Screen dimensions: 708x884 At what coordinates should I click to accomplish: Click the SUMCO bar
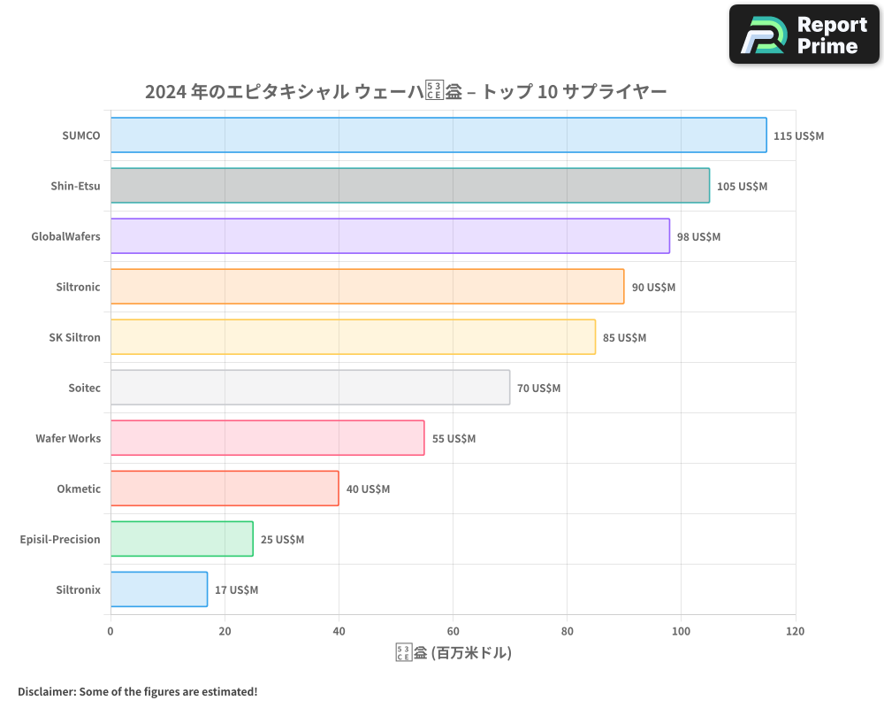point(438,135)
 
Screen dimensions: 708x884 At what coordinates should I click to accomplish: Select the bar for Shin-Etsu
point(409,186)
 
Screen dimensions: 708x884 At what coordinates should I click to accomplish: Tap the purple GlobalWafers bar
point(390,236)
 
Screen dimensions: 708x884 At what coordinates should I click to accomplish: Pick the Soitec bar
point(310,388)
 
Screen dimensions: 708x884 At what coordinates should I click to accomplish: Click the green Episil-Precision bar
point(182,539)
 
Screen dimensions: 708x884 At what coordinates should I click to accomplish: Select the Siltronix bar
point(159,589)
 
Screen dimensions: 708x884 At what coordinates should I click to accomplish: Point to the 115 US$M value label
point(798,136)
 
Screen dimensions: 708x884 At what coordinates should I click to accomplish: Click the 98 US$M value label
point(698,237)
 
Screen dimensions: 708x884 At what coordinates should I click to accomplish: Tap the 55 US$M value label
point(453,439)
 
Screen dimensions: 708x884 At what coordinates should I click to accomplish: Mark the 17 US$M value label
point(236,590)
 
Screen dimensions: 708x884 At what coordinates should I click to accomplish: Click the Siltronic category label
point(78,287)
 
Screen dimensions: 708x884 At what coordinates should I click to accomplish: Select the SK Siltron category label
point(74,337)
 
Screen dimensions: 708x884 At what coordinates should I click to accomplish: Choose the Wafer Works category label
point(68,438)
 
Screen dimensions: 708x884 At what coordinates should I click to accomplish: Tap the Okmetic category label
point(79,489)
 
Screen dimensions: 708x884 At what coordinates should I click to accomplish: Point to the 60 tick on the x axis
point(453,632)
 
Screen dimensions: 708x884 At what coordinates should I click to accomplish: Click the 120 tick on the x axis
point(795,632)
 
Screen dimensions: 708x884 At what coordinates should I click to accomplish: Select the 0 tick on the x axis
point(110,632)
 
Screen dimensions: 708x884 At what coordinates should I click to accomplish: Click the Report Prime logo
point(804,35)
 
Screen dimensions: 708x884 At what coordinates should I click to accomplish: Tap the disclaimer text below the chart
point(138,691)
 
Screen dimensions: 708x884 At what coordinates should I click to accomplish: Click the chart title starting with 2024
point(406,91)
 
